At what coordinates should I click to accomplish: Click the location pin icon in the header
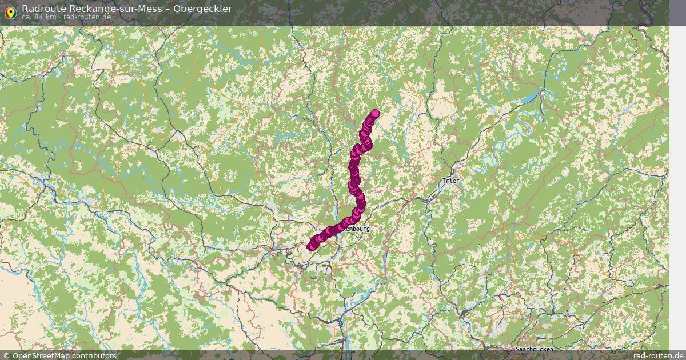click(10, 10)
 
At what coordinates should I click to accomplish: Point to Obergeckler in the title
click(204, 9)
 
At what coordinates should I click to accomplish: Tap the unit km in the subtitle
click(51, 17)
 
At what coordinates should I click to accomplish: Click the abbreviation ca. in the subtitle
click(27, 17)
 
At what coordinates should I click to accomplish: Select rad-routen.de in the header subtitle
click(87, 17)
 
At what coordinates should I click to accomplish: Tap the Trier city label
click(450, 181)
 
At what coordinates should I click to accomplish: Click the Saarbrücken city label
click(533, 349)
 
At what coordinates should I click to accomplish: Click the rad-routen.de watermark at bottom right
click(658, 355)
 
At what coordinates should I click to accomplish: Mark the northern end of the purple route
click(376, 113)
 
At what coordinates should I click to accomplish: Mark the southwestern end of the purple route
click(311, 247)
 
